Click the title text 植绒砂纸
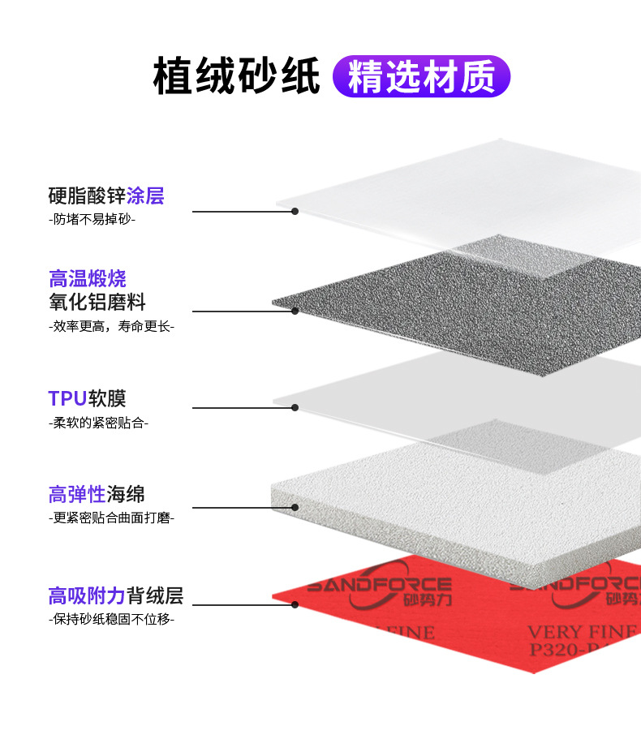[236, 76]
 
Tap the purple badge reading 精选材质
[421, 76]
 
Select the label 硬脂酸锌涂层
[106, 195]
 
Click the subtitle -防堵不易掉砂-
[92, 219]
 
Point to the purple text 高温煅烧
[88, 279]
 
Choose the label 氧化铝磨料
[97, 303]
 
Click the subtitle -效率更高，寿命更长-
[111, 326]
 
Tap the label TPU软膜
[88, 398]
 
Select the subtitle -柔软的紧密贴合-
[98, 423]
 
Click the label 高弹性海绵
[97, 493]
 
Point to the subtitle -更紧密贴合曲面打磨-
[111, 518]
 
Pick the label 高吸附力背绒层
[116, 596]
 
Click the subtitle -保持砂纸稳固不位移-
[111, 620]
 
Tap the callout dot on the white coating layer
[295, 212]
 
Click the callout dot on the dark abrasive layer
[295, 311]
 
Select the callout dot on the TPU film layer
[295, 407]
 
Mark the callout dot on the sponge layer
[295, 508]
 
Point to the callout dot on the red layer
[295, 604]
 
